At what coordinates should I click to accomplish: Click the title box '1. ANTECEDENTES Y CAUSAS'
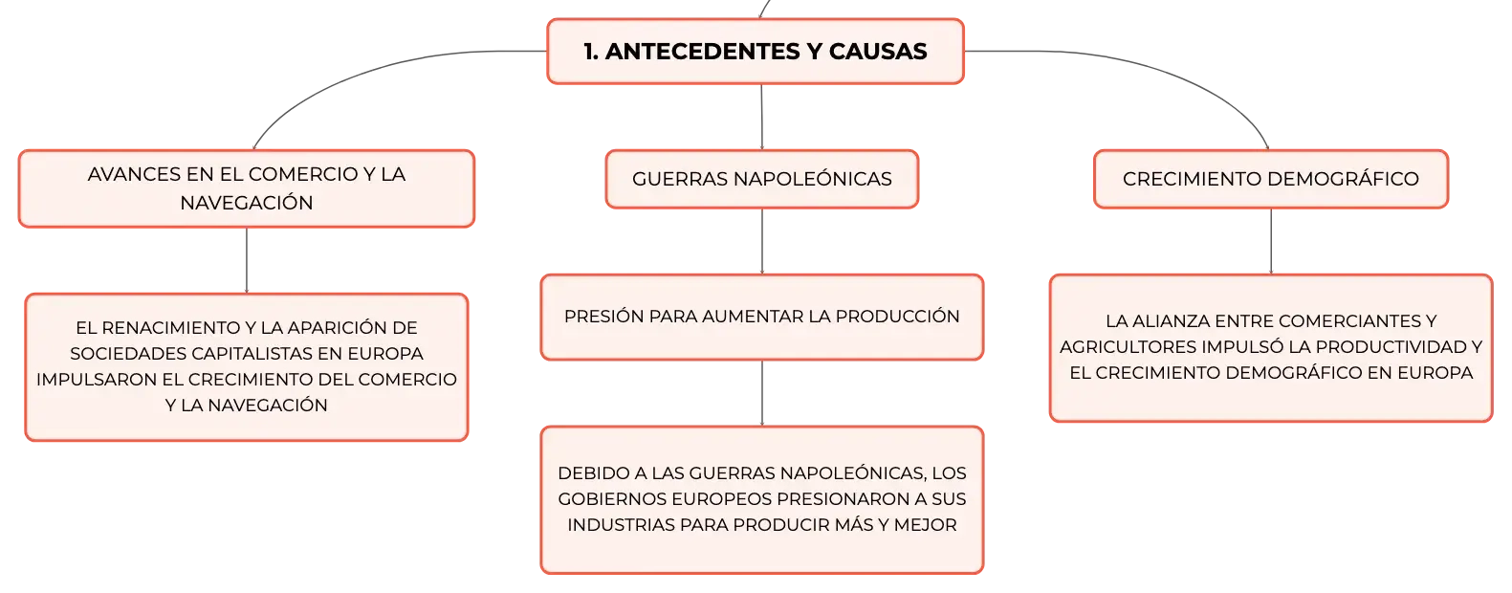click(x=756, y=52)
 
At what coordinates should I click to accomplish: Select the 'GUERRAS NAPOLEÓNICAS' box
click(x=762, y=179)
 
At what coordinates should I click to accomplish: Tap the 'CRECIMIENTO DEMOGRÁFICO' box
click(x=1271, y=179)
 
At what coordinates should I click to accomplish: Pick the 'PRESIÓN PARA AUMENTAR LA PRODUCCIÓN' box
click(x=762, y=317)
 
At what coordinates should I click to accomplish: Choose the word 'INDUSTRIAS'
click(x=621, y=525)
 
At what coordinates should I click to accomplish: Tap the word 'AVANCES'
click(x=134, y=174)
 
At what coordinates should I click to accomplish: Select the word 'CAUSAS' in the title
click(x=878, y=52)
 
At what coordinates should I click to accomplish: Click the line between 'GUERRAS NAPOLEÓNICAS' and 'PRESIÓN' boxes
click(x=762, y=241)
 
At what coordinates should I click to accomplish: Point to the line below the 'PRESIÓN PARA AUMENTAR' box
click(x=762, y=393)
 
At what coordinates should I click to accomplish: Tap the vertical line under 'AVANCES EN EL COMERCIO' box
click(x=247, y=260)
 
